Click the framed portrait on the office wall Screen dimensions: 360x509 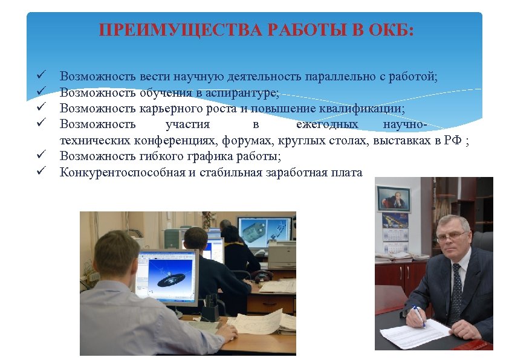click(x=393, y=199)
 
